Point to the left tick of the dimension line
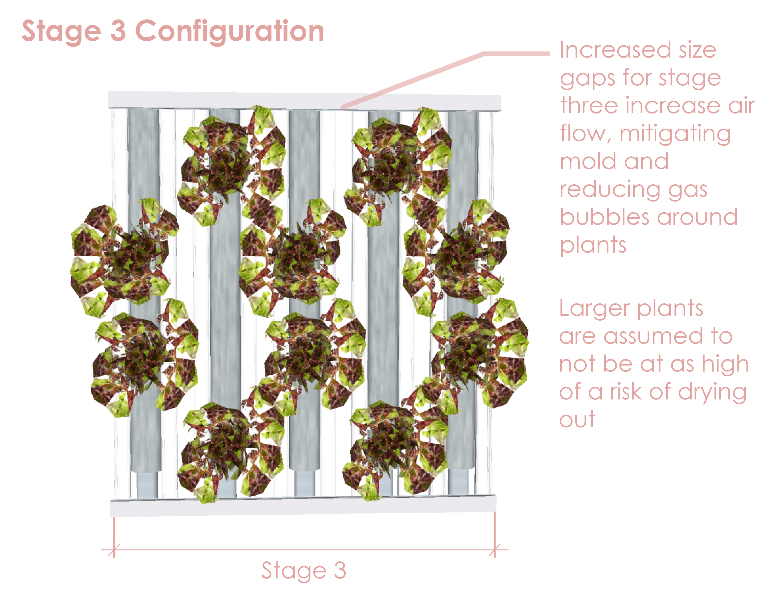pos(114,550)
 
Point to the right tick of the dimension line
pos(494,550)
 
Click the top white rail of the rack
pos(246,100)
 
